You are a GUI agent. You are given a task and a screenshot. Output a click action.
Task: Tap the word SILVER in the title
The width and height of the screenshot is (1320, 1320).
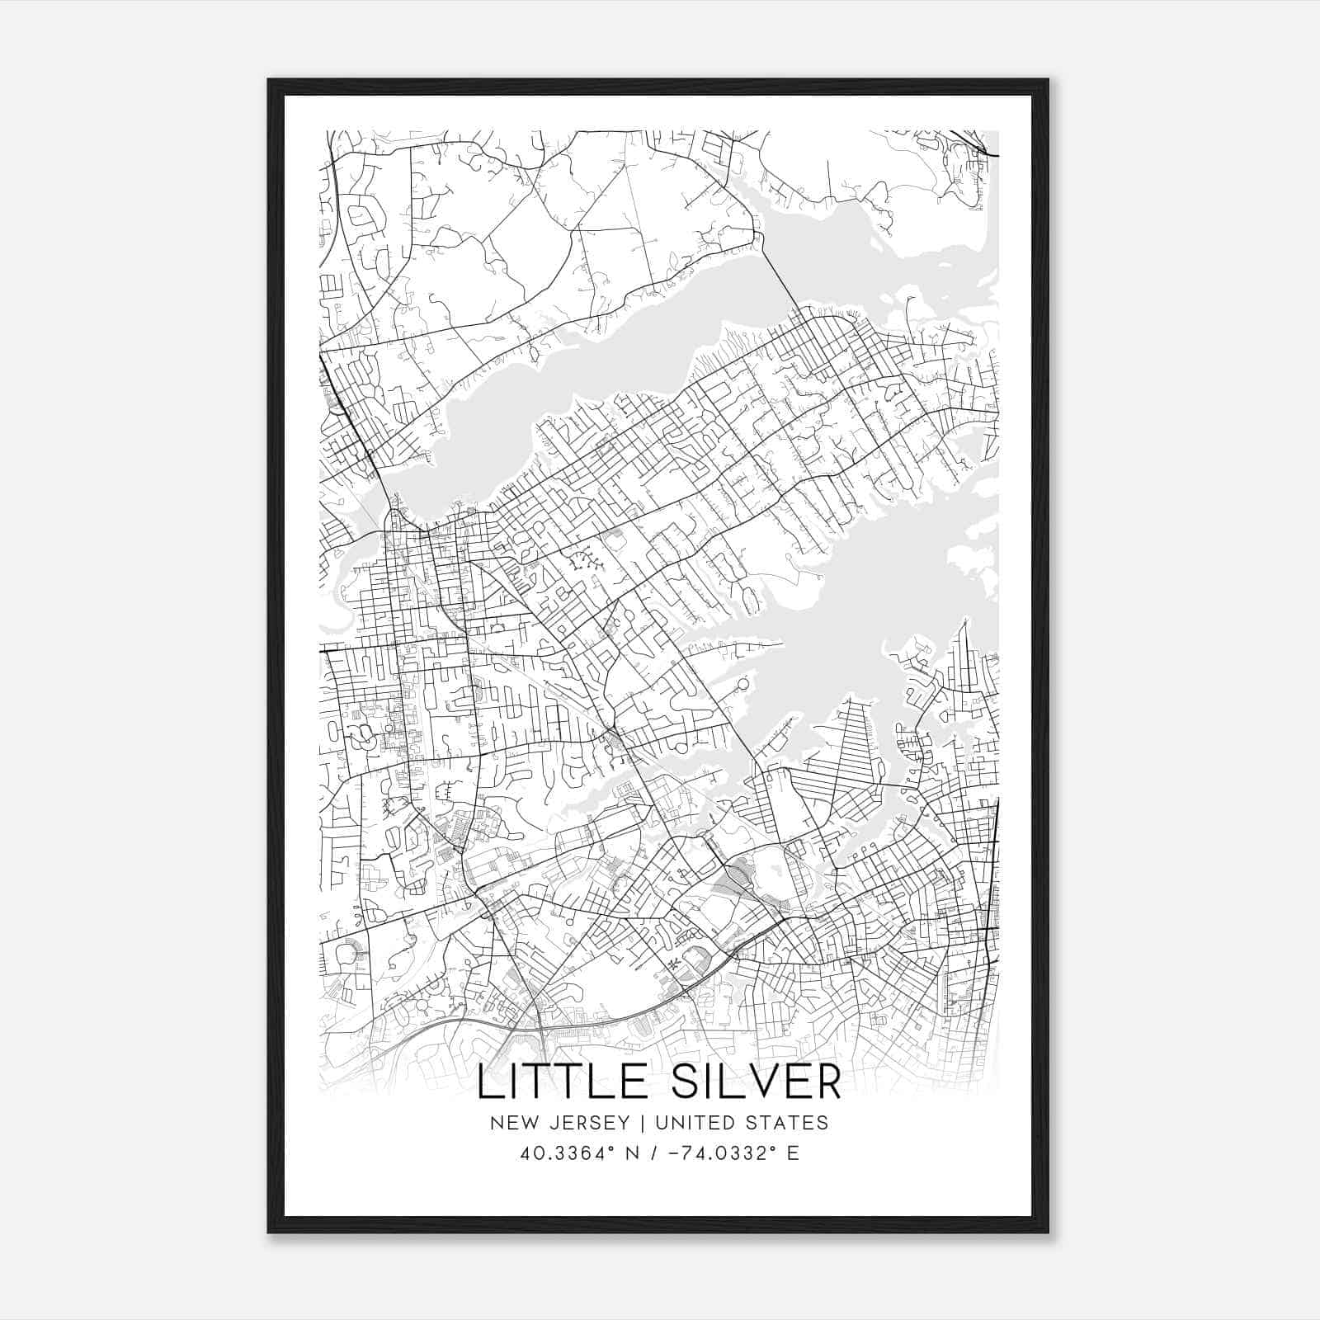(x=757, y=1082)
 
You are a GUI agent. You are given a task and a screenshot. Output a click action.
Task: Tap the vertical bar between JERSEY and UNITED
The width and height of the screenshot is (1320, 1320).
(x=634, y=1123)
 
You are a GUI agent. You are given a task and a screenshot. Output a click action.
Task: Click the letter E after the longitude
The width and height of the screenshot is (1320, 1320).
(x=793, y=1153)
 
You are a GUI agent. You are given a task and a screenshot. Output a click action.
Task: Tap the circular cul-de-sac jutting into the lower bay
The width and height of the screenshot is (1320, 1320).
(x=742, y=684)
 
